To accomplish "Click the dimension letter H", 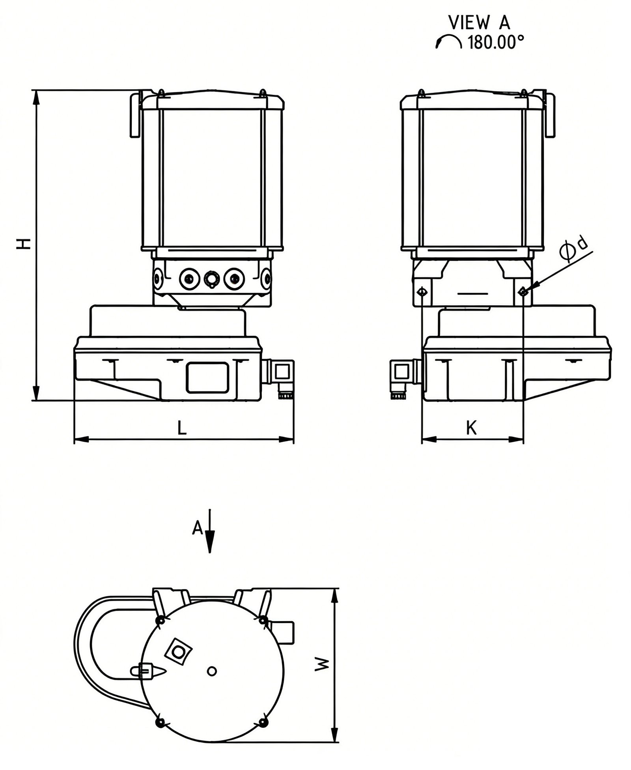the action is pos(24,243).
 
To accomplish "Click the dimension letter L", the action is pos(182,428).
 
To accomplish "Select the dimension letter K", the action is pos(471,428).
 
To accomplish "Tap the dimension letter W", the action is pos(322,664).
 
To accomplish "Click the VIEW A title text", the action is pos(479,22).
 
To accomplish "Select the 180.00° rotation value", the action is pos(496,42).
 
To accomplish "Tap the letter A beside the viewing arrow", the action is pos(198,528).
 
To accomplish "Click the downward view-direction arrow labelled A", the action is pos(210,531).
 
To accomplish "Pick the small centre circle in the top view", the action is pos(212,671).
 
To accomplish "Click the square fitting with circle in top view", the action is pos(178,651).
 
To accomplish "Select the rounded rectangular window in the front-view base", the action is pos(207,378).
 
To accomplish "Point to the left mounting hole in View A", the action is pos(422,292).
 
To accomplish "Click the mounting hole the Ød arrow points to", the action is pos(523,292).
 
